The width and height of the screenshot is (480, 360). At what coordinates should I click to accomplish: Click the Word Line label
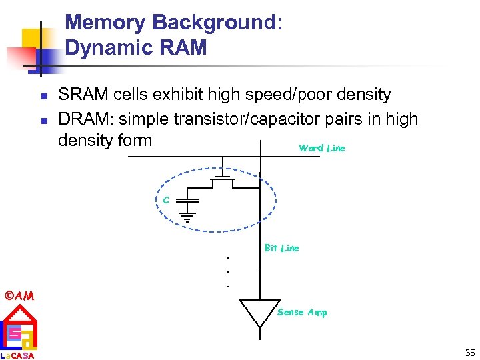(321, 148)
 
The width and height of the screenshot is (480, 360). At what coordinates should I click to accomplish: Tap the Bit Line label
(281, 248)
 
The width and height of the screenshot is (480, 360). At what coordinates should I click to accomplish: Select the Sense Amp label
(302, 312)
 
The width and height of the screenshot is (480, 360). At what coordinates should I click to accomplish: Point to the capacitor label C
(165, 199)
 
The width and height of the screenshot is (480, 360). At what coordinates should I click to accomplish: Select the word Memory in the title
(106, 23)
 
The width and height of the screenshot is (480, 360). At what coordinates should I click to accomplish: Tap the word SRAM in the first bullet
(81, 95)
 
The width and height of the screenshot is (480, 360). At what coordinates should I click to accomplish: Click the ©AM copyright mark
(19, 295)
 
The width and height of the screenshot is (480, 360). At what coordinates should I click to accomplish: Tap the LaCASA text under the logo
(18, 355)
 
